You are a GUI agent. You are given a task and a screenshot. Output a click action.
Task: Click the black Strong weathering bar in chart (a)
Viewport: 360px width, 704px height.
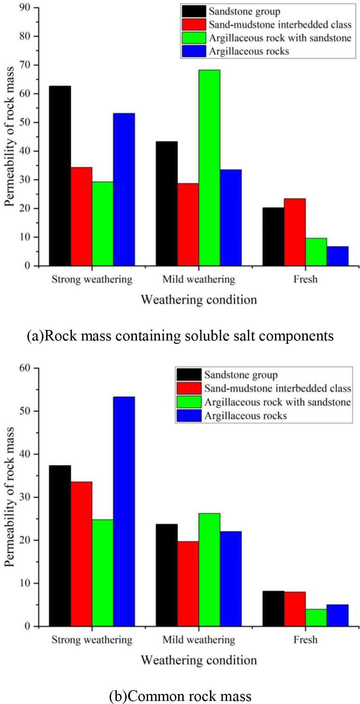60,176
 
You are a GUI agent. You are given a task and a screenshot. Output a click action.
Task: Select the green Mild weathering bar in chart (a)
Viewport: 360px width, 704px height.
209,168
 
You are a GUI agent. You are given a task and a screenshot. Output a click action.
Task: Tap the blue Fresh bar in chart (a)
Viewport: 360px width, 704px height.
337,256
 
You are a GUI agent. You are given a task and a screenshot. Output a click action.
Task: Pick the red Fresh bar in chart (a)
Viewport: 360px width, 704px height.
295,232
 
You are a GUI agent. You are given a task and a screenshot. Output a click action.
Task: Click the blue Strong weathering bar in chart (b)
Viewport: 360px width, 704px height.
124,511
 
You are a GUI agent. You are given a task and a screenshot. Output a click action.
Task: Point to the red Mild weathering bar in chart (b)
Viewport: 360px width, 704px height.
188,584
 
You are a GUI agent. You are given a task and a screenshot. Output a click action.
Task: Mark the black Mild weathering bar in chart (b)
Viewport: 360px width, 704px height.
166,575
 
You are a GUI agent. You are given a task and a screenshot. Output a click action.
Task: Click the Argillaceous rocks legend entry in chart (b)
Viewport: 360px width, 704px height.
245,416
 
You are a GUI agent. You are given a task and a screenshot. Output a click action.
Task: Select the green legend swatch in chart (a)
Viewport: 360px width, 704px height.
194,38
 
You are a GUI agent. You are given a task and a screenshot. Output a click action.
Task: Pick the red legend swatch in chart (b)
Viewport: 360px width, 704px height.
189,388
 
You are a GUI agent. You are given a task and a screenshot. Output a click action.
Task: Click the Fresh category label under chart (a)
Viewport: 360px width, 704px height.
305,280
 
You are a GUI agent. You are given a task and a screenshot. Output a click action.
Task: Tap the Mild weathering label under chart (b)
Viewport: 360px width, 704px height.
198,640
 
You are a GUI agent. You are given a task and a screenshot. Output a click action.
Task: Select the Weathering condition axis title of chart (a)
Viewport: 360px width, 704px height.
199,300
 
